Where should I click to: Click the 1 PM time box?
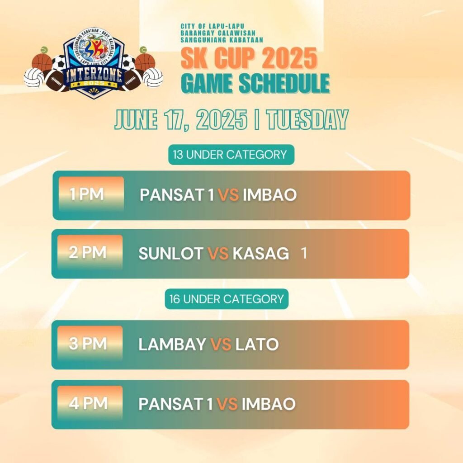(91, 194)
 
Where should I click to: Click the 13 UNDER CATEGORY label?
(231, 155)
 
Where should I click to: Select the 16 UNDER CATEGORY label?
(227, 299)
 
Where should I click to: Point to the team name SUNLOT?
(170, 253)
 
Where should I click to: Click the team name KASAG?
(261, 253)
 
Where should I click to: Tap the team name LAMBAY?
(172, 344)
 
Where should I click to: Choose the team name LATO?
(257, 344)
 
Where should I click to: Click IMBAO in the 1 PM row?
(269, 194)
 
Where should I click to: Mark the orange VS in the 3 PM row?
(221, 344)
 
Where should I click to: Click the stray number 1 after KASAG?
(303, 253)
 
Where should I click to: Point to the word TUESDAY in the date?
(307, 119)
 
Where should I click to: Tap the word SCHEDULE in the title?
(284, 83)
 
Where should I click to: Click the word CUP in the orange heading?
(234, 58)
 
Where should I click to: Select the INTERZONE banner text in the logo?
(94, 75)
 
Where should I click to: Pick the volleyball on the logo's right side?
(152, 77)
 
